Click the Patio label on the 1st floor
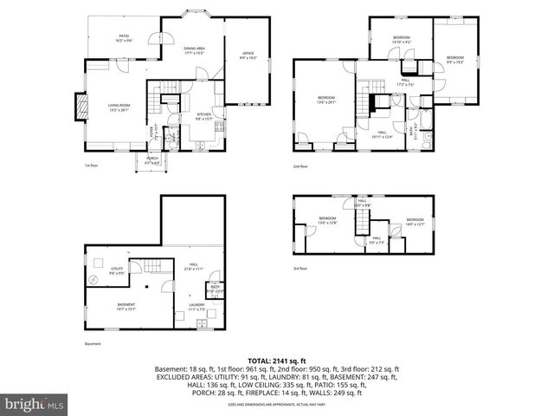tap(125, 38)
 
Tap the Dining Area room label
tap(194, 50)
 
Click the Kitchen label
tap(203, 115)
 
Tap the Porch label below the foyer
tap(151, 159)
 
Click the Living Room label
tap(119, 107)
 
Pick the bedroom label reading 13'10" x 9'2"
tap(401, 40)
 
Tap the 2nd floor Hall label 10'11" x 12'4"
tap(382, 134)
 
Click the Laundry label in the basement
tap(196, 307)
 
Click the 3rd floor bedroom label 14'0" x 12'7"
tap(415, 221)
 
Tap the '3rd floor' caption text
tap(300, 269)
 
